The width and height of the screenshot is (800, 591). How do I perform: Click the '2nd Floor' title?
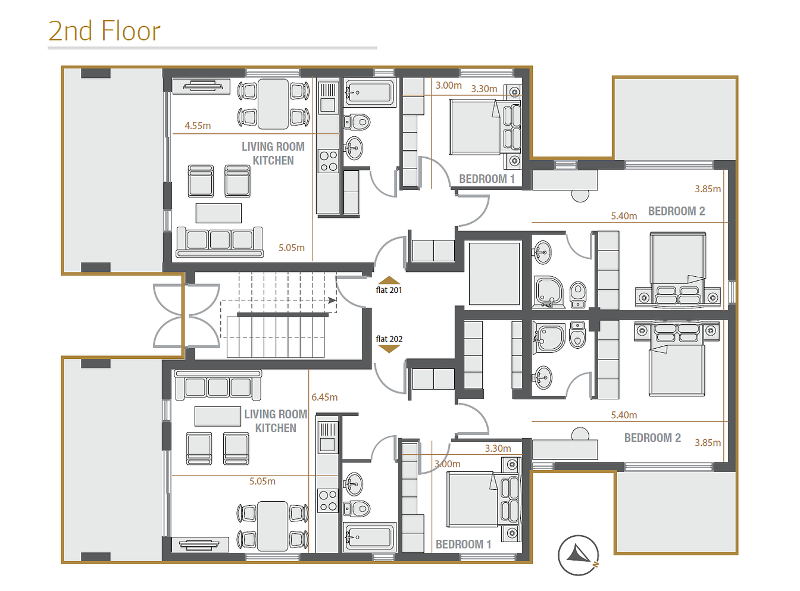(x=104, y=31)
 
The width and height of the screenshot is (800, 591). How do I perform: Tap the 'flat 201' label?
(x=389, y=290)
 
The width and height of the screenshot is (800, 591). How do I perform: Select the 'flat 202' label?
(x=389, y=339)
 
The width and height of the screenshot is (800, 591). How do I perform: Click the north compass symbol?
(x=578, y=555)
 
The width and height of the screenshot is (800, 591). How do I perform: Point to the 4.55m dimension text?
(x=198, y=126)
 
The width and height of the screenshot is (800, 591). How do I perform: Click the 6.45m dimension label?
(x=324, y=397)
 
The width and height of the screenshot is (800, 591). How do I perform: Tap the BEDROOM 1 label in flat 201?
(x=486, y=179)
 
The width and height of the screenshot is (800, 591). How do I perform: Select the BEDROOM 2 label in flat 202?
(x=652, y=437)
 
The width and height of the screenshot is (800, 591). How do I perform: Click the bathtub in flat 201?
(x=370, y=92)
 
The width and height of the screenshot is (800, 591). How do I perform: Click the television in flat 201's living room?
(x=201, y=86)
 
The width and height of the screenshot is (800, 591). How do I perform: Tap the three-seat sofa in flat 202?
(x=218, y=385)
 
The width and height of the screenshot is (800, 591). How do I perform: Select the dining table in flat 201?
(x=273, y=104)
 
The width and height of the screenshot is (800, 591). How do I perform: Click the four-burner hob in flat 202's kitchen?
(x=328, y=501)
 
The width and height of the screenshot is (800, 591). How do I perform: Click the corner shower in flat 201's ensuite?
(x=549, y=292)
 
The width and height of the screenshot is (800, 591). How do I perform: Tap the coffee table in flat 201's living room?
(x=218, y=213)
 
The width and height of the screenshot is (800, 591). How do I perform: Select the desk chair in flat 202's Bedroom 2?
(x=580, y=433)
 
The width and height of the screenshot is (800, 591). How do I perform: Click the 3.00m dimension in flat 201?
(x=448, y=86)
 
